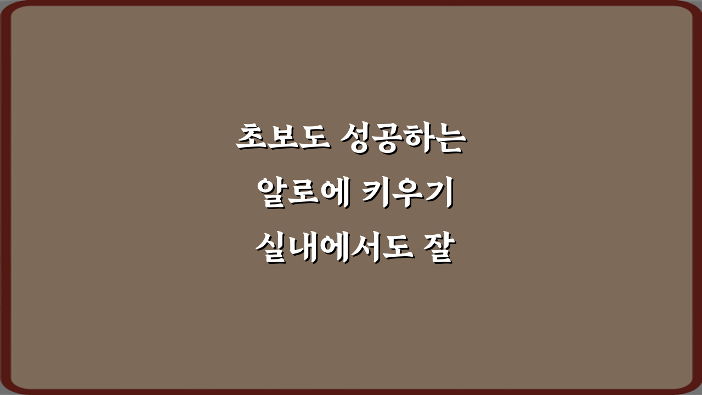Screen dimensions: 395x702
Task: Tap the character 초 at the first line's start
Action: pyautogui.click(x=253, y=139)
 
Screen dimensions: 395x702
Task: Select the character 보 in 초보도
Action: pyautogui.click(x=284, y=139)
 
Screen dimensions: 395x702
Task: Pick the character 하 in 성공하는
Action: pyautogui.click(x=418, y=139)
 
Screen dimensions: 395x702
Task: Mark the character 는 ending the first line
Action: pyautogui.click(x=449, y=139)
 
